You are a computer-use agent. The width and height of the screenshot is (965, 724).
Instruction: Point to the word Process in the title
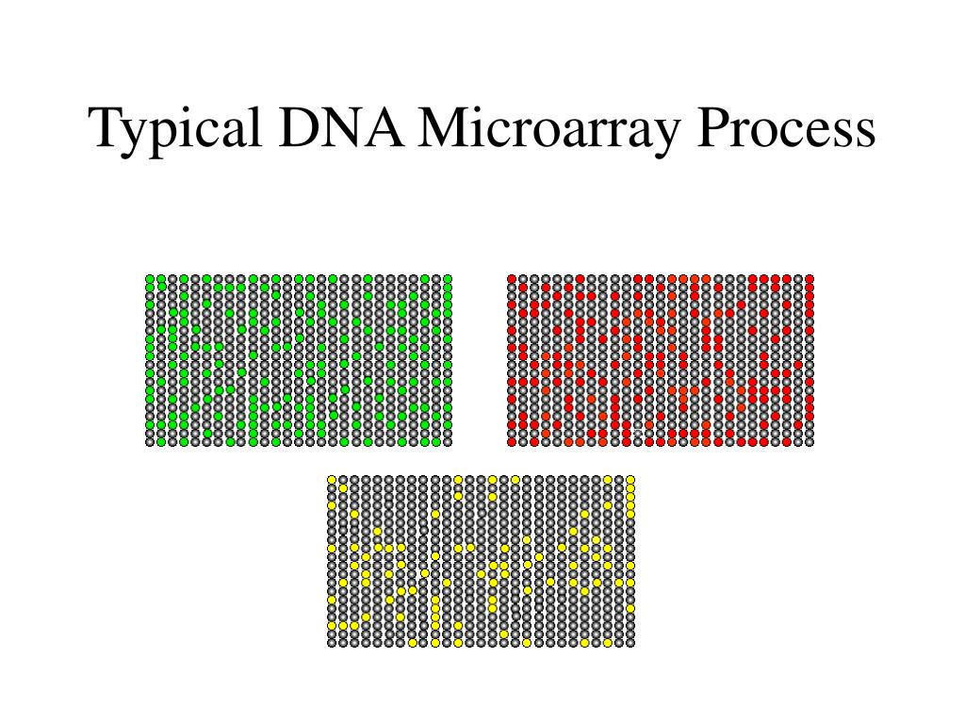788,129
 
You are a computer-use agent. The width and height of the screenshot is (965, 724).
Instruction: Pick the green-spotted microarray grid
299,360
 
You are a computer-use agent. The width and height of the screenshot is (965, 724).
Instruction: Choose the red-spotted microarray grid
661,360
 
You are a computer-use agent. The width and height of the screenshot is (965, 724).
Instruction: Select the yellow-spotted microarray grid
481,561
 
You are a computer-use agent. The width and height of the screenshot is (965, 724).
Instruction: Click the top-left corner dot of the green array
150,279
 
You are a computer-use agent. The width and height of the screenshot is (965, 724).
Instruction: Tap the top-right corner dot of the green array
448,279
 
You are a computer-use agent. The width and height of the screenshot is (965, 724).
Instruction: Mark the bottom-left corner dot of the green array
150,441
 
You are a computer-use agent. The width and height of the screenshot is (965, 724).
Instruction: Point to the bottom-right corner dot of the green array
448,441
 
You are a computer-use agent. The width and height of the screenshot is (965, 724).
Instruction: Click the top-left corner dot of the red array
512,279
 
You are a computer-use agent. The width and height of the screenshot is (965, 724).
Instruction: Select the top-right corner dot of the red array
810,279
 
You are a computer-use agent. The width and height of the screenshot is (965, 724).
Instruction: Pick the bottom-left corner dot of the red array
512,441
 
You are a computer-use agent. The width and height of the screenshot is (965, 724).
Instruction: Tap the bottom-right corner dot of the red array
810,441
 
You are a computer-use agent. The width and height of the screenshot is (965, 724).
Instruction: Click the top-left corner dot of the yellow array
332,480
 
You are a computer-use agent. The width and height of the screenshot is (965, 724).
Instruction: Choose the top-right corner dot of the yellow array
630,480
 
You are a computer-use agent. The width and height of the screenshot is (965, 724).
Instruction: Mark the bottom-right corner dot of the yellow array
630,642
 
